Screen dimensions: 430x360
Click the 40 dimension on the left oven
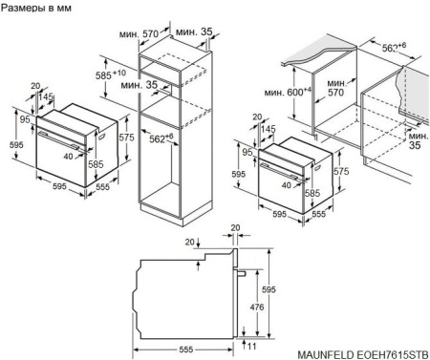pyautogui.click(x=70, y=154)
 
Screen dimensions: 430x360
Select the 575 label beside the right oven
pyautogui.click(x=342, y=171)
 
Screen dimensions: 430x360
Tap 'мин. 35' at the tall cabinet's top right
pyautogui.click(x=201, y=32)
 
